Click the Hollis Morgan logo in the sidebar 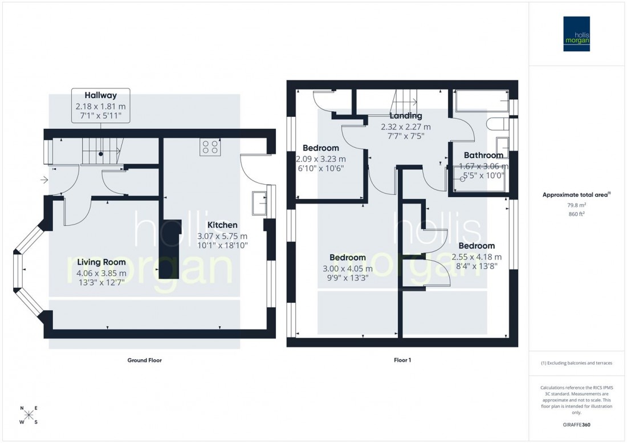click(576, 34)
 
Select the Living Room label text click(101, 262)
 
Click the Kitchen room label click(222, 225)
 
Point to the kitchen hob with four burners click(210, 147)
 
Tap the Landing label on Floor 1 click(406, 116)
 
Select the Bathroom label click(483, 155)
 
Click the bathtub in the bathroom click(482, 101)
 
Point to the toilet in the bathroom click(494, 125)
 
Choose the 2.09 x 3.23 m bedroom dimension click(321, 159)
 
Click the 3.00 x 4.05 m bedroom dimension click(346, 269)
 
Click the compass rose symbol click(29, 415)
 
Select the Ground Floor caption click(145, 360)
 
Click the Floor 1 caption click(402, 360)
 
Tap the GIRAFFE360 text click(577, 425)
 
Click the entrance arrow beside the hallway click(45, 181)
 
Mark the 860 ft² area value click(577, 214)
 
